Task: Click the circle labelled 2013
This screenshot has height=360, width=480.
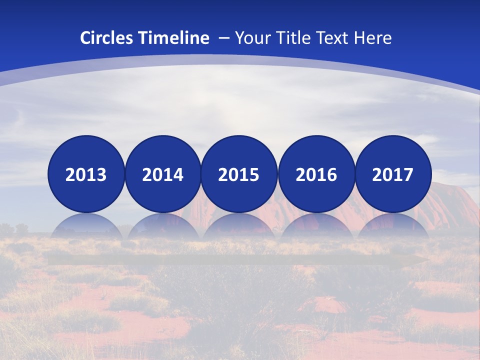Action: click(86, 174)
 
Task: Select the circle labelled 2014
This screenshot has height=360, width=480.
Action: click(162, 174)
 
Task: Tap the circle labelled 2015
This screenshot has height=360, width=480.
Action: click(239, 174)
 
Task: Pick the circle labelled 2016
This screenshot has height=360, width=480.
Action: click(316, 174)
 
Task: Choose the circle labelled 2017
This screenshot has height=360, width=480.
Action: click(393, 174)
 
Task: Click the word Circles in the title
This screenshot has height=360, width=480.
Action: click(105, 38)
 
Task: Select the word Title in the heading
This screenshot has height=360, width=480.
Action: click(295, 38)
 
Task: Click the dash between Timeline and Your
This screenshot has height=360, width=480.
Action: click(224, 38)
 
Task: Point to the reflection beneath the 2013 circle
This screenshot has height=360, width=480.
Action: click(86, 226)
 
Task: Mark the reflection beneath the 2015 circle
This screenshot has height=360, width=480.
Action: click(239, 226)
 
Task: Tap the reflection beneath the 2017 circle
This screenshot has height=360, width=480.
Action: click(393, 226)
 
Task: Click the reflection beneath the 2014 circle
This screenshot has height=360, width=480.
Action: click(162, 226)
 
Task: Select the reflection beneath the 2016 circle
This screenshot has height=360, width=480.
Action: click(316, 226)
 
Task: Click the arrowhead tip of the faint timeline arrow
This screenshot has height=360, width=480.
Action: click(427, 260)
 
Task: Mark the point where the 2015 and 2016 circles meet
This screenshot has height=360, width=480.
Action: click(277, 174)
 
